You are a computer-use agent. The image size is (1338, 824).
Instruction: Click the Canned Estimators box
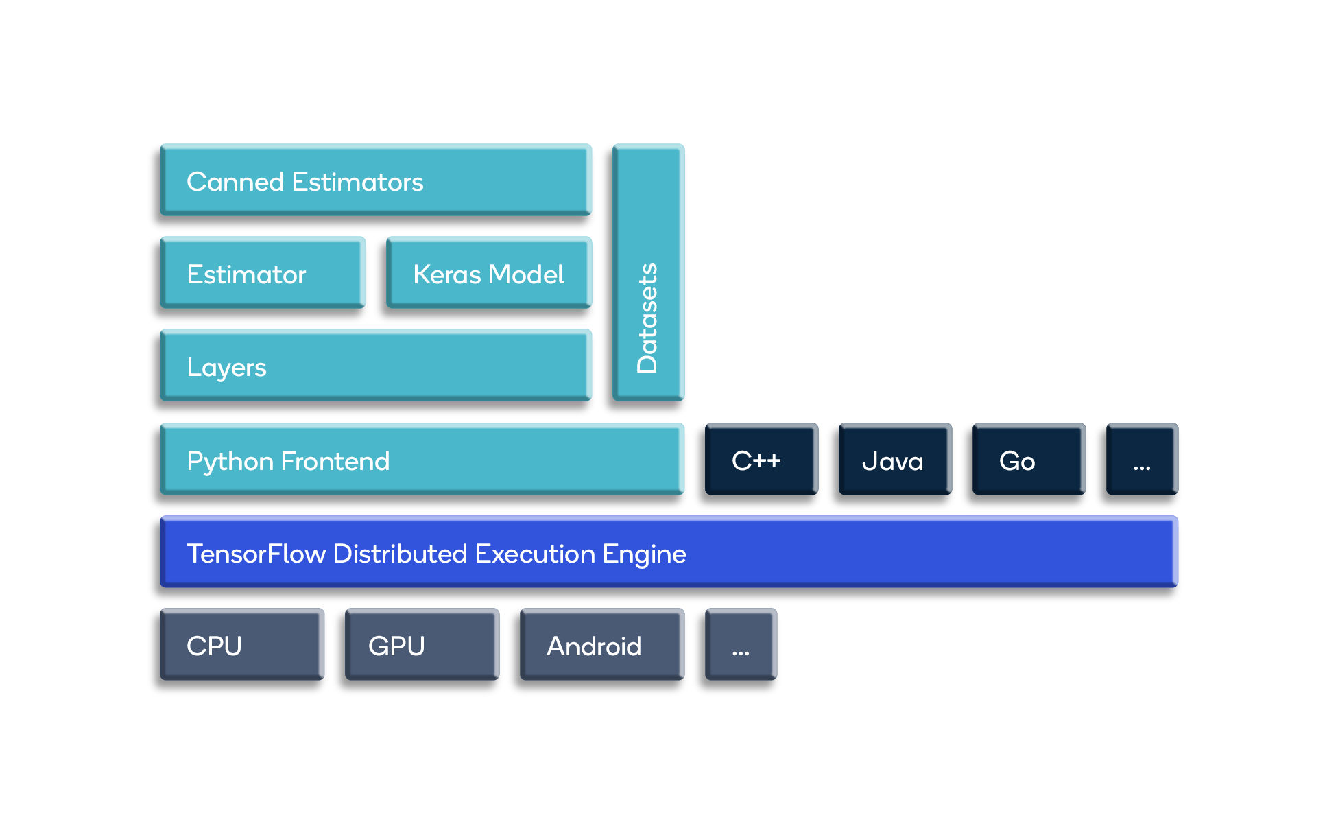click(375, 180)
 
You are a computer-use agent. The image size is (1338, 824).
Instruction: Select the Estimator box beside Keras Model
click(262, 273)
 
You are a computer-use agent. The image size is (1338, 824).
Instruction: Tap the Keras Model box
click(489, 273)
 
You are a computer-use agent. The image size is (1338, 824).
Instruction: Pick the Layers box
click(375, 366)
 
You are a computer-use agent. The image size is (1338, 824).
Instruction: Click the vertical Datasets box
click(648, 272)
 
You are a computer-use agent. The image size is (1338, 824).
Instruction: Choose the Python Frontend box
click(422, 459)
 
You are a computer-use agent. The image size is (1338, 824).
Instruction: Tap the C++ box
click(761, 459)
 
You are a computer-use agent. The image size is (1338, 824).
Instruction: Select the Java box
click(895, 459)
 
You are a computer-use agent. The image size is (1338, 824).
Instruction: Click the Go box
click(1029, 459)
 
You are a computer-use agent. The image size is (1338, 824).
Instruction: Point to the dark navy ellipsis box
click(1142, 459)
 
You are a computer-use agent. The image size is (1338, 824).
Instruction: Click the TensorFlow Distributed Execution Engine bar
click(669, 552)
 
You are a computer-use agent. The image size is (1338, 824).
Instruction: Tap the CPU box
click(241, 644)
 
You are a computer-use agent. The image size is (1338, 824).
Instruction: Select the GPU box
click(422, 644)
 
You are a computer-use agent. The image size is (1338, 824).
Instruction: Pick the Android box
click(602, 644)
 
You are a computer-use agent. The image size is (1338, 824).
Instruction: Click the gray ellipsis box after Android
click(741, 644)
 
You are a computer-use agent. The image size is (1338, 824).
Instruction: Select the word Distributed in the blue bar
click(400, 554)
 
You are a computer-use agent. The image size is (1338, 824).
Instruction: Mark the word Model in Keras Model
click(527, 274)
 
